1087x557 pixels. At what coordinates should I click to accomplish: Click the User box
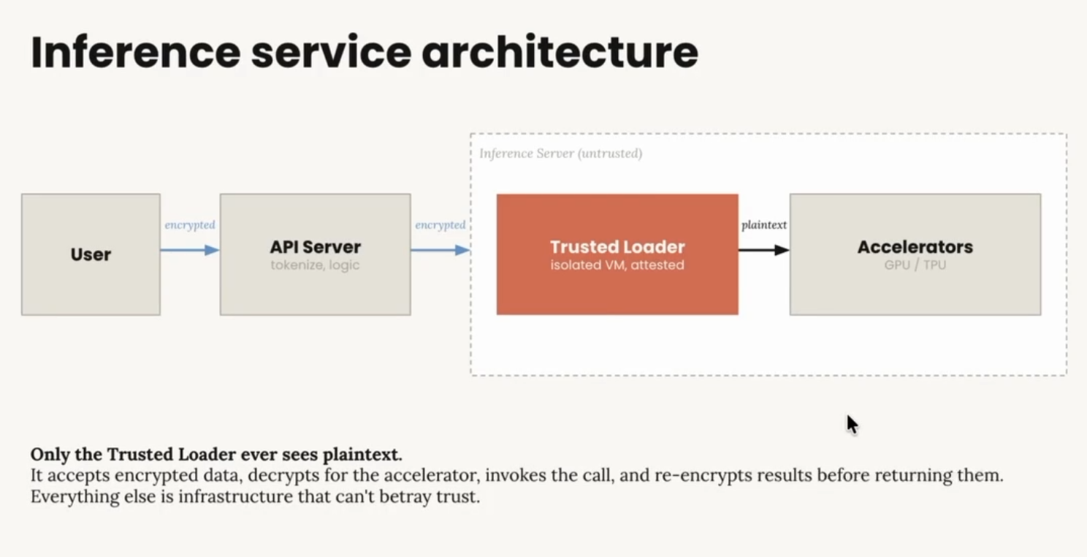coord(91,254)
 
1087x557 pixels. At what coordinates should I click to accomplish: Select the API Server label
coord(315,247)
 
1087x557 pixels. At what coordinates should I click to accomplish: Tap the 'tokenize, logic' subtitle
coord(315,265)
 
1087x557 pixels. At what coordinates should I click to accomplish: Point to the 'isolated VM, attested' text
coord(617,265)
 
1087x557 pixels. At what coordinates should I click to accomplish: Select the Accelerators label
coord(915,247)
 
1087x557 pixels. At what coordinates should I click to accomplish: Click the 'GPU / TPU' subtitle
coord(915,265)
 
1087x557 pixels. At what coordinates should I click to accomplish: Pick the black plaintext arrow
coord(763,250)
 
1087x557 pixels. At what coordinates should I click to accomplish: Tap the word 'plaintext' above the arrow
coord(764,225)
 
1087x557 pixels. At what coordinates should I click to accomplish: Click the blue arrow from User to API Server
coord(189,250)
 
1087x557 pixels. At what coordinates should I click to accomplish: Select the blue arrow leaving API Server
coord(440,250)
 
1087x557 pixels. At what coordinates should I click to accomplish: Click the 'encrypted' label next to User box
coord(190,225)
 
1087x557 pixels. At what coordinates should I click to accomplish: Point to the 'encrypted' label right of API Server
coord(440,225)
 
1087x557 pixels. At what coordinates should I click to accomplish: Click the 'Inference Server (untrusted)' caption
coord(560,154)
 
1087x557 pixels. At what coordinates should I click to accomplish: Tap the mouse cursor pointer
coord(851,424)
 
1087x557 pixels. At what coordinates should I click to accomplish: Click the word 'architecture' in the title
coord(560,52)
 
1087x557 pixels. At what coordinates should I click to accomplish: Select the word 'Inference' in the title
coord(135,52)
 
